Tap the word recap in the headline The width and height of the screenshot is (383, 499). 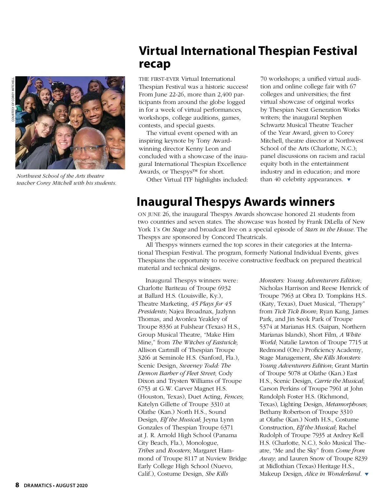pyautogui.click(x=155, y=64)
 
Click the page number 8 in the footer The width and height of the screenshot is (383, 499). pyautogui.click(x=17, y=485)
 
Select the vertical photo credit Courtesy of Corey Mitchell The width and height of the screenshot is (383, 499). pyautogui.click(x=13, y=99)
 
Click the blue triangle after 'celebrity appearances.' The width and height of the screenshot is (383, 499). pyautogui.click(x=349, y=180)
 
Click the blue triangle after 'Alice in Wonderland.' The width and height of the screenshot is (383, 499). pyautogui.click(x=366, y=474)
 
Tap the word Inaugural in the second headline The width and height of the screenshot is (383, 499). pyautogui.click(x=164, y=202)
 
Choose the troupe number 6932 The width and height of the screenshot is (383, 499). pyautogui.click(x=224, y=288)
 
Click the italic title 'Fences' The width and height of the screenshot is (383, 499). pyautogui.click(x=233, y=397)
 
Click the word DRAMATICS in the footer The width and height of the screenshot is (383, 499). pyautogui.click(x=38, y=486)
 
